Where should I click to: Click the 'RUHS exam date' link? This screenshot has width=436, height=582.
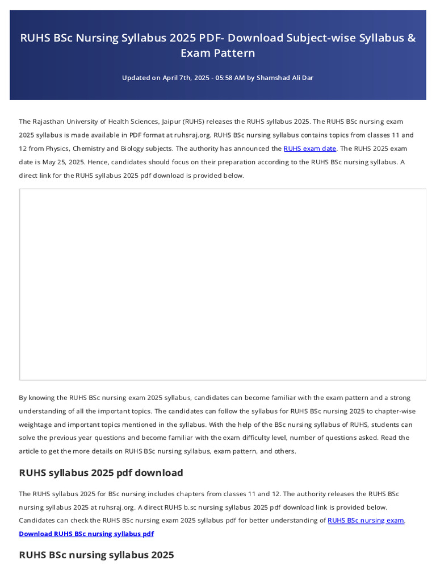[x=310, y=149]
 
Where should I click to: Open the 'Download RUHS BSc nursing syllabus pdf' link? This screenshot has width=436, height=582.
[x=86, y=534]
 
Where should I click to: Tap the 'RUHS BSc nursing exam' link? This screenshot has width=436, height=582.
[x=366, y=521]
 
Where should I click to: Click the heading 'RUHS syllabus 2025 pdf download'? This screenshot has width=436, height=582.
[x=101, y=473]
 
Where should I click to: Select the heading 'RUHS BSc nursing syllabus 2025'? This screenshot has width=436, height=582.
[x=97, y=555]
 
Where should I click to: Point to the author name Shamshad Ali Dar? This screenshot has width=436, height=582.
[x=285, y=78]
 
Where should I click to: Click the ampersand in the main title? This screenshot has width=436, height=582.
[x=412, y=38]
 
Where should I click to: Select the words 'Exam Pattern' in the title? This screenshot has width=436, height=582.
[x=218, y=53]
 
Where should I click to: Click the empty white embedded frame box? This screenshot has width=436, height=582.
[x=223, y=284]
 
